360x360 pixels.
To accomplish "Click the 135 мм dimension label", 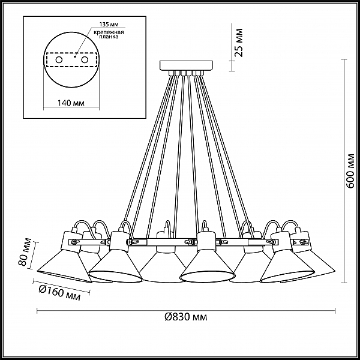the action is tap(109, 25).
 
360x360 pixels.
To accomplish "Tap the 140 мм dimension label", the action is tap(71, 103).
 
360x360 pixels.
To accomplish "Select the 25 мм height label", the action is tap(239, 43).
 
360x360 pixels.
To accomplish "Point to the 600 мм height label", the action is tap(350, 171).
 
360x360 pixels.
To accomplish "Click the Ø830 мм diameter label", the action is tap(186, 317).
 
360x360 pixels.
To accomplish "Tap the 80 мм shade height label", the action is tap(25, 252).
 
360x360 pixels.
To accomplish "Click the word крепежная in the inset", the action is tap(109, 32).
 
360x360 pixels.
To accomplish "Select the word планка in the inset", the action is tap(109, 37).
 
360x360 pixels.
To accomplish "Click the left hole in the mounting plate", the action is tap(59, 60).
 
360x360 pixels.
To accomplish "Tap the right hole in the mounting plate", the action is tap(85, 60).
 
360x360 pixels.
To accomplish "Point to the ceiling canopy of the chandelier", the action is tap(186, 65).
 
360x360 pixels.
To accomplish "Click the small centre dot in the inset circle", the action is tap(75, 56).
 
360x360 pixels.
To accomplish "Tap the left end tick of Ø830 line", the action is tap(37, 311).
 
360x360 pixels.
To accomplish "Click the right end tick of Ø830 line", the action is tap(335, 311).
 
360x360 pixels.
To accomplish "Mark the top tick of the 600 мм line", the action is tap(344, 59).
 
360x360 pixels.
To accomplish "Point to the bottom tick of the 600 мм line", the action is tap(344, 283).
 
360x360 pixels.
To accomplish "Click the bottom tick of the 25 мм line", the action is tap(232, 71).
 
